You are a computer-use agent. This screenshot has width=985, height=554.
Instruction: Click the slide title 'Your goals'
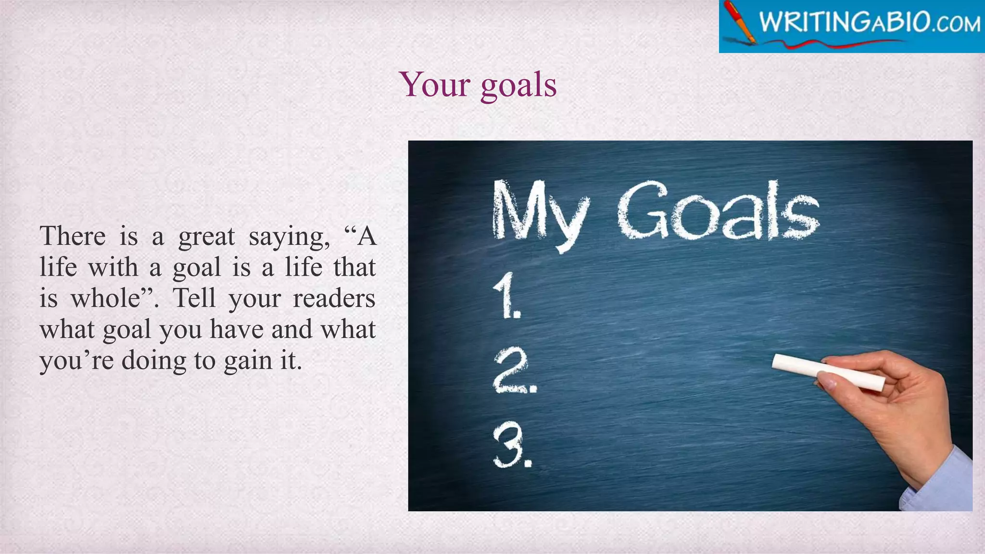click(478, 85)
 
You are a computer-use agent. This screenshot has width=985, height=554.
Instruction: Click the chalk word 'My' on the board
click(539, 212)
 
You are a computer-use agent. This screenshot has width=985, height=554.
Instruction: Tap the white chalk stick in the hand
click(827, 372)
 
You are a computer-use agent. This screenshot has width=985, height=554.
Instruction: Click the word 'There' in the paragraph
click(73, 236)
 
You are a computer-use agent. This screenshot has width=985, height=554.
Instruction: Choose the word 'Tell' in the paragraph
click(194, 298)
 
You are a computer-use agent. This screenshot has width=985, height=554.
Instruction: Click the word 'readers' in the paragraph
click(334, 299)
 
